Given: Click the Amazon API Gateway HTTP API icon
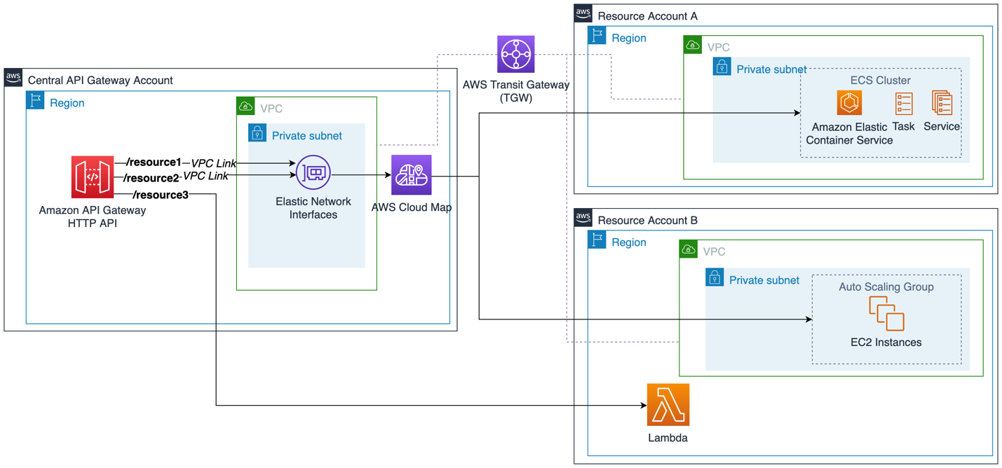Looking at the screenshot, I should pos(92,177).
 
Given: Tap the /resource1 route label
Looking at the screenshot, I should pos(154,163).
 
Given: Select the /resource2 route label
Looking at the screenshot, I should pos(151,178).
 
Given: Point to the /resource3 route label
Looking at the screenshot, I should pos(160,195).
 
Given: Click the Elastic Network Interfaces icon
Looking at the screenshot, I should pos(313,172).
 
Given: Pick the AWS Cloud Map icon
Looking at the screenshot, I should pos(411,175).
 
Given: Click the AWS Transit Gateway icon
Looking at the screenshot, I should pos(516,54).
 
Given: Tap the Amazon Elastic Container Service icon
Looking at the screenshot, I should pos(849,103).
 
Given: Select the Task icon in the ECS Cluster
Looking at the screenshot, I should pos(904,104).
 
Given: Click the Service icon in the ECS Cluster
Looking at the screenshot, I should pos(942,103).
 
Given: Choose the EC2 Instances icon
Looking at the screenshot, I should pos(886,313).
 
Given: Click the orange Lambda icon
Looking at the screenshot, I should pos(668,405).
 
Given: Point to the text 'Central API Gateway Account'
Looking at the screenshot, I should pos(100,81).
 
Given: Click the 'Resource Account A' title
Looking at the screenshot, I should pos(647,16).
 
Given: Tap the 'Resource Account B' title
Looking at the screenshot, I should pos(647,221).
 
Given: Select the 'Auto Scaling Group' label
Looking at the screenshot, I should pos(886,287).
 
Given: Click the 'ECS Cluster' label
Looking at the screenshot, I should pos(880,81).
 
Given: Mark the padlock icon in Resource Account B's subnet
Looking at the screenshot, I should pos(715,278).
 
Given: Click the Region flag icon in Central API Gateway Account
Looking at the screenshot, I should pos(35,100).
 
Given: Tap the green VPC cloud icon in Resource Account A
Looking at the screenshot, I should pos(693,46).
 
